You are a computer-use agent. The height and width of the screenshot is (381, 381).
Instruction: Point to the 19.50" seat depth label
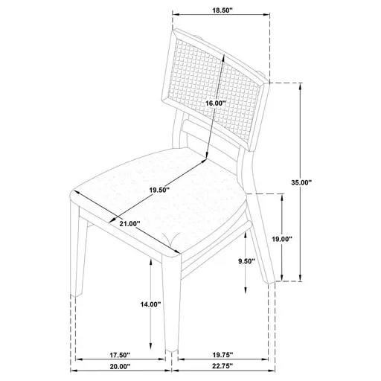tap(159, 190)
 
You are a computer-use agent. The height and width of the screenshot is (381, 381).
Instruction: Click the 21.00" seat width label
tap(129, 223)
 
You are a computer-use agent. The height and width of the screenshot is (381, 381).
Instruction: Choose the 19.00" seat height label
tap(281, 238)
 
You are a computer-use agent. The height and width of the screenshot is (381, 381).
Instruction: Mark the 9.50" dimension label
tap(246, 261)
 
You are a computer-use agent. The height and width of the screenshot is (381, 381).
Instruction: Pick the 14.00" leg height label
tap(150, 304)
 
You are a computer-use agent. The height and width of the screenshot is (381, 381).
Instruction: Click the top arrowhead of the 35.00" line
tap(301, 86)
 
